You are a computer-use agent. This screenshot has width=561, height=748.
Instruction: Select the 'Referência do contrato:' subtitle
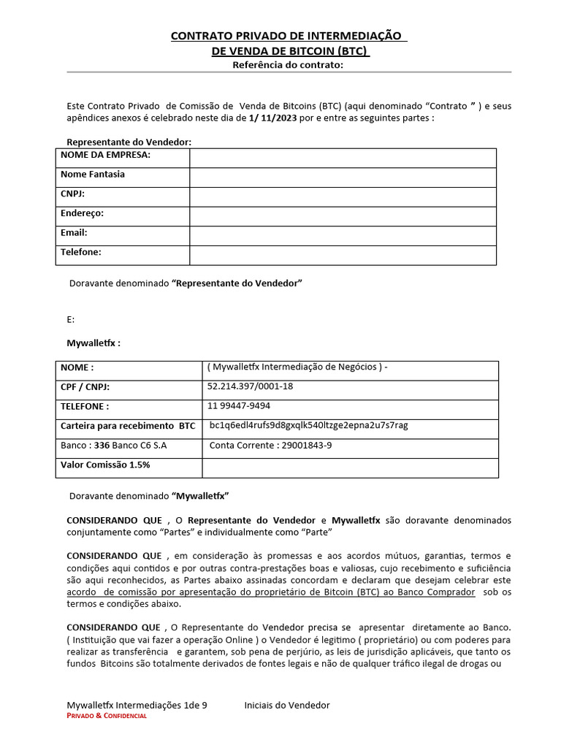point(287,65)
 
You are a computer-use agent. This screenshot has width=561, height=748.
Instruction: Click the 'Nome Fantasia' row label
point(93,175)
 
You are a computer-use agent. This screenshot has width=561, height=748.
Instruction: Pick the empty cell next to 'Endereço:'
point(343,216)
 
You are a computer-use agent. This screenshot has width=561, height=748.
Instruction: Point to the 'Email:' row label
point(74,233)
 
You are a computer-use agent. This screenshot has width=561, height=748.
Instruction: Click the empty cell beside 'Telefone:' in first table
point(343,254)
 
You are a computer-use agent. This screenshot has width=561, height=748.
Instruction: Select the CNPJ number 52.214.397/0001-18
point(250,386)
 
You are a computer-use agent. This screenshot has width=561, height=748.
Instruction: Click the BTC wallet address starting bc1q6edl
point(308,426)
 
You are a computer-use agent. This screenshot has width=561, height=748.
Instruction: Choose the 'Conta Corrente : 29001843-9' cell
point(270,446)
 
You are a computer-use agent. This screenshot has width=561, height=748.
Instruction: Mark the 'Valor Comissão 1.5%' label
point(105,465)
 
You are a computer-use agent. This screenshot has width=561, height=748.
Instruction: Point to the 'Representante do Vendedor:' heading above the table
point(129,142)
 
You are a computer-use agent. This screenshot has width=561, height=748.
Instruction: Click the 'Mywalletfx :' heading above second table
point(93,343)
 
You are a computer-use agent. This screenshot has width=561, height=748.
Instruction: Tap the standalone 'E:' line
point(71,319)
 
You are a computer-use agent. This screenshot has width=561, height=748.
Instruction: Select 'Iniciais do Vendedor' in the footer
point(286,705)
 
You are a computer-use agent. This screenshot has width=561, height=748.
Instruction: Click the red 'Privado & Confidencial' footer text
point(107,717)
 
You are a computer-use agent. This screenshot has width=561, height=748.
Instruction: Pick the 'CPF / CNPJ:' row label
point(90,386)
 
